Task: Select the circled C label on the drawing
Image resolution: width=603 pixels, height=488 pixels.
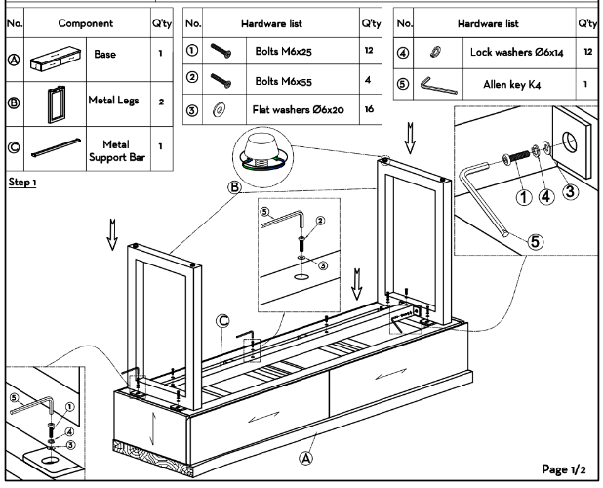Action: [222, 318]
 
